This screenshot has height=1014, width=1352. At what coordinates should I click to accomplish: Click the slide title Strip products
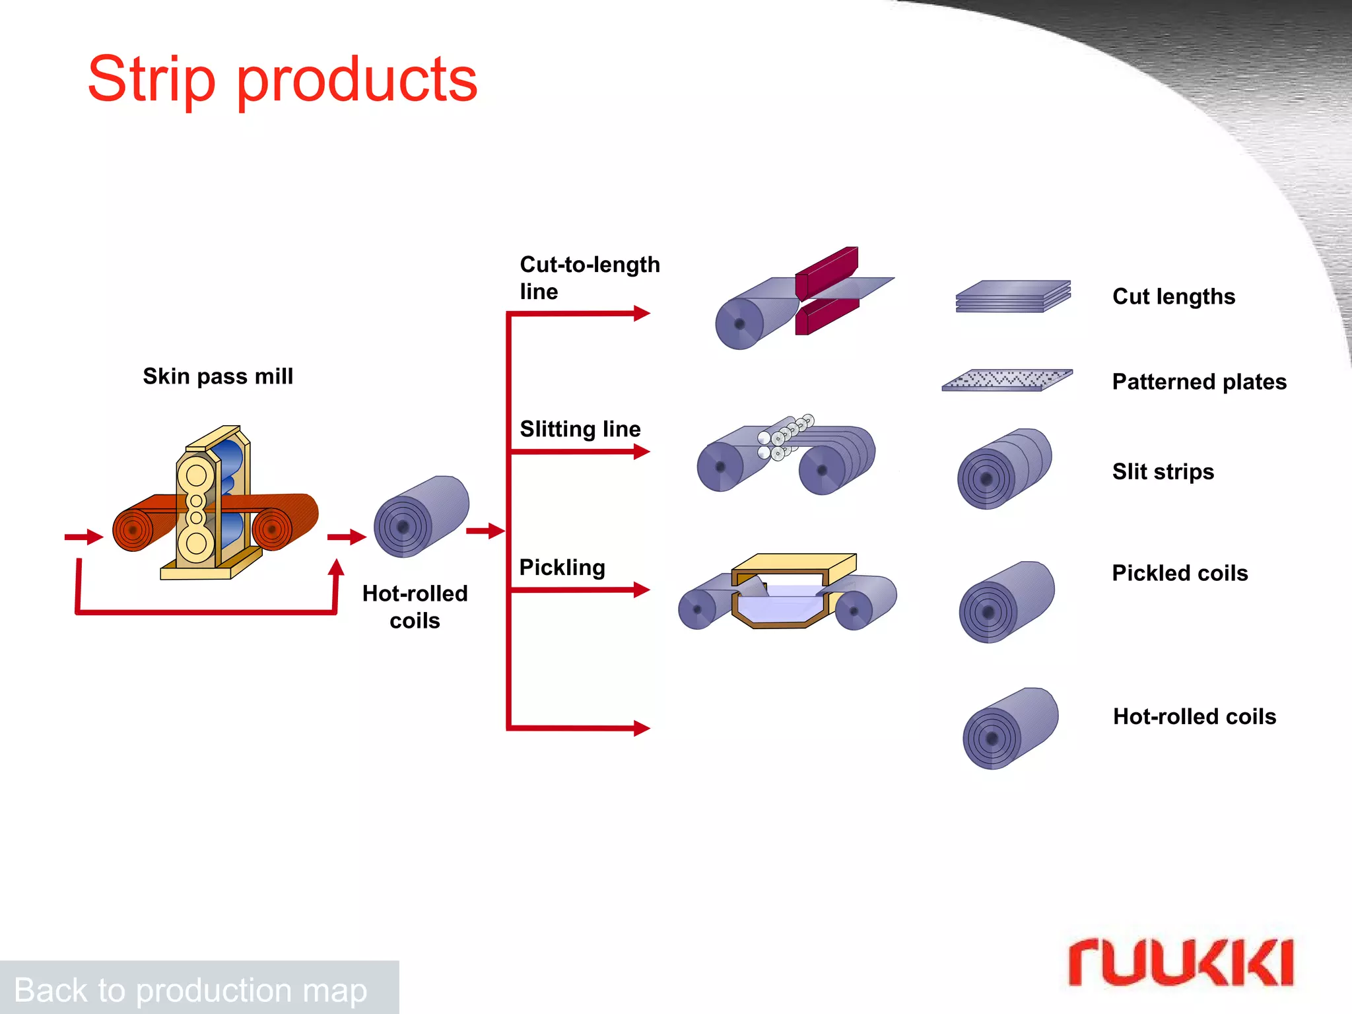tap(283, 79)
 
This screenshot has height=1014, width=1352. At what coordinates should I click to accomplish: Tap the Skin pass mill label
tap(218, 376)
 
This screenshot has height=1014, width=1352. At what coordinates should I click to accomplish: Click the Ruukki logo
tap(1180, 963)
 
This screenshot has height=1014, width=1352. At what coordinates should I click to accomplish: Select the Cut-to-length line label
tap(589, 277)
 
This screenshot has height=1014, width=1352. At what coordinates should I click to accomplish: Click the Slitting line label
tap(580, 429)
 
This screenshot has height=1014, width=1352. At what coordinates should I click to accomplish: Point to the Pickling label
tap(562, 568)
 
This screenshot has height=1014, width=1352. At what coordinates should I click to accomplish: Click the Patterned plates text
tap(1199, 382)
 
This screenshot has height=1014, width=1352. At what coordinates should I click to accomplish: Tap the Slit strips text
tap(1163, 471)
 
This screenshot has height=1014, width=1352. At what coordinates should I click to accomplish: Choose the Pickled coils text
tap(1180, 573)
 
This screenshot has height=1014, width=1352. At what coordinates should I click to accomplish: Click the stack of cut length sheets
tap(1013, 296)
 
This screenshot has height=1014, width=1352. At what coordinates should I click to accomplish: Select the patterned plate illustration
tap(1007, 380)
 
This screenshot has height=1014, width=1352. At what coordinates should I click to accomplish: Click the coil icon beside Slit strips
tap(1003, 469)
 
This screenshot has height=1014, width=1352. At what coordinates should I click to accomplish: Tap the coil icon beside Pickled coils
tap(1006, 602)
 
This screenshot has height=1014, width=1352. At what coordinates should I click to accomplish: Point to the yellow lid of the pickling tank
tap(794, 562)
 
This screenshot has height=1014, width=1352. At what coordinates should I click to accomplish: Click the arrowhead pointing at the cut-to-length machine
tap(641, 313)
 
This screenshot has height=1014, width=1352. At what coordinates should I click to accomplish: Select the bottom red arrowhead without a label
tap(641, 728)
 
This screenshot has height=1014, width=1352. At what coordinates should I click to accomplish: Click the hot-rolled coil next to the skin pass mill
tap(421, 516)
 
